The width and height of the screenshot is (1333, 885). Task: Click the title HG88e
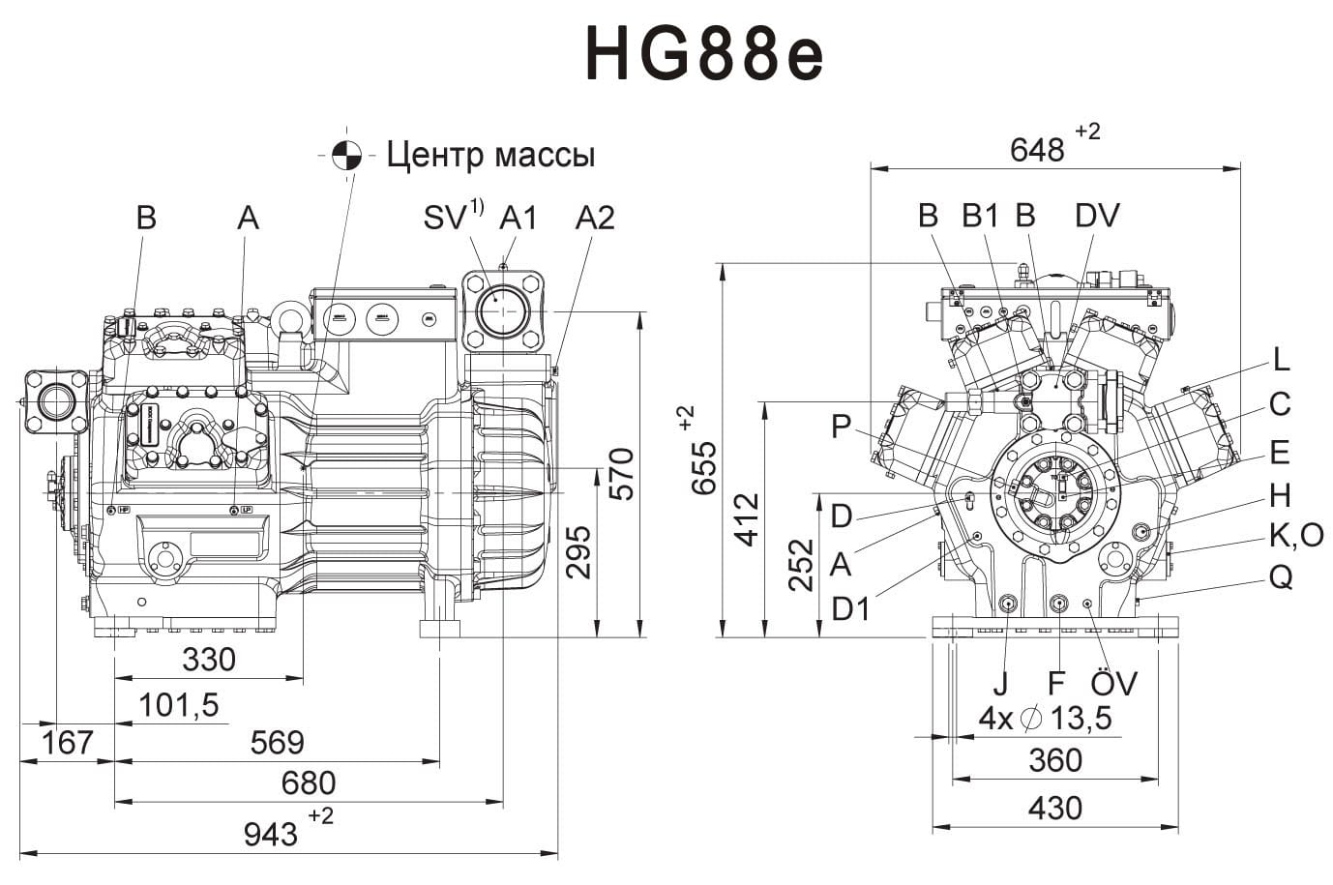[x=704, y=55]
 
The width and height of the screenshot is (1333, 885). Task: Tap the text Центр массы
[x=490, y=155]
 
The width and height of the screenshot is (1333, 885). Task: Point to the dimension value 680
[x=308, y=782]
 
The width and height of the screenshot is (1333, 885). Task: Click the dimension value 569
[x=277, y=743]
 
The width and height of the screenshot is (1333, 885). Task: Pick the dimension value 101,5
[x=178, y=705]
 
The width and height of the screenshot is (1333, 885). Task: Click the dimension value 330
[x=209, y=660]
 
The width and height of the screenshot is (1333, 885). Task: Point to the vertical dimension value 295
[x=578, y=552]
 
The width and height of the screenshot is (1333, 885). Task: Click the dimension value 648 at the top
[x=1036, y=150]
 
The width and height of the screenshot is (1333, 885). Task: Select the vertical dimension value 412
[x=748, y=519]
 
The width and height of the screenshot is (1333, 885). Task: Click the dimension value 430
[x=1054, y=808]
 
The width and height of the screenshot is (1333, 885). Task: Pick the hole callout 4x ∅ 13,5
[x=1045, y=719]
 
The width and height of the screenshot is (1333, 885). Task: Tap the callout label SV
[x=446, y=219]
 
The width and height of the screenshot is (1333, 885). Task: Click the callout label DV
[x=1097, y=216]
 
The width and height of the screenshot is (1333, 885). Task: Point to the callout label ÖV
[x=1113, y=684]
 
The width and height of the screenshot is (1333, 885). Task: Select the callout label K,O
[x=1295, y=534]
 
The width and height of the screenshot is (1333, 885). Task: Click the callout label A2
[x=594, y=219]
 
